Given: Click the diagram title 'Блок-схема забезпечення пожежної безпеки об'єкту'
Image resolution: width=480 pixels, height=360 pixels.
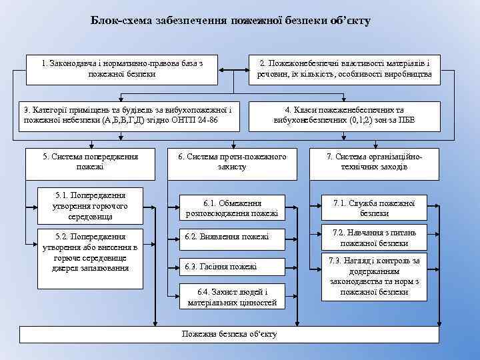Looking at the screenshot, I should pos(231,21).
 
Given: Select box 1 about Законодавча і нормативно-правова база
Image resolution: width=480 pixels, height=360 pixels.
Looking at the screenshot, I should pos(122,69).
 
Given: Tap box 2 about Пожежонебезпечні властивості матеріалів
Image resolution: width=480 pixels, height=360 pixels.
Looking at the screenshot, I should pos(344,69).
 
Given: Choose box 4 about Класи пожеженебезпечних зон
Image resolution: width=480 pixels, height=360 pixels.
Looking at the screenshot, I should pos(344,115).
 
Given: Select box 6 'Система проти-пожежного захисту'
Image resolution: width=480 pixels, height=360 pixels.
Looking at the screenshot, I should pos(231,162).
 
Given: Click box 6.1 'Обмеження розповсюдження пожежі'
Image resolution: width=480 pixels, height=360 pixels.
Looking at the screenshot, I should pos(231,208).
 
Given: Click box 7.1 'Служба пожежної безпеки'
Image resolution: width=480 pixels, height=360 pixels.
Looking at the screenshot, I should pos(374,208).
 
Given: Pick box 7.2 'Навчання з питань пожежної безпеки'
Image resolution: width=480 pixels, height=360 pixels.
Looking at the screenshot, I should pos(374,238).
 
